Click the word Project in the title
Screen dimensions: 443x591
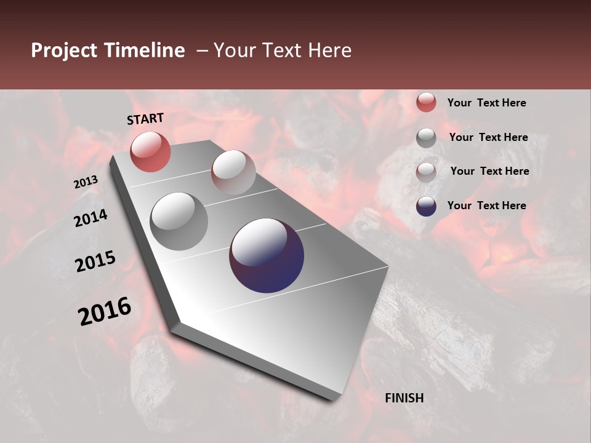pyautogui.click(x=64, y=50)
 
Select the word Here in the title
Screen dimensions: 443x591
pyautogui.click(x=329, y=50)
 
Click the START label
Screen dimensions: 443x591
pyautogui.click(x=145, y=119)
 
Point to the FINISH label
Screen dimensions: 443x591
pyautogui.click(x=404, y=398)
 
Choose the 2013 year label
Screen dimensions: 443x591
pyautogui.click(x=86, y=182)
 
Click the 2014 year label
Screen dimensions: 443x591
pyautogui.click(x=90, y=218)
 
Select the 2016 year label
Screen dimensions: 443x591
pyautogui.click(x=105, y=311)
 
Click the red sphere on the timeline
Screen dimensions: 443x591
pyautogui.click(x=150, y=151)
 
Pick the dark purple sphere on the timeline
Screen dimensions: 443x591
pyautogui.click(x=267, y=255)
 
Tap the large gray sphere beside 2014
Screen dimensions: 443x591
pyautogui.click(x=179, y=221)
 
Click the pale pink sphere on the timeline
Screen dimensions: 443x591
pyautogui.click(x=233, y=172)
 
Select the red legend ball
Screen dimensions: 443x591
pyautogui.click(x=426, y=102)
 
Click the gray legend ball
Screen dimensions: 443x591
pyautogui.click(x=426, y=137)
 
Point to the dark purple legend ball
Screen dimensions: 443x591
pyautogui.click(x=426, y=206)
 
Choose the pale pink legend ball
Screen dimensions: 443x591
pyautogui.click(x=426, y=172)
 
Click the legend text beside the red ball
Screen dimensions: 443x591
pyautogui.click(x=486, y=103)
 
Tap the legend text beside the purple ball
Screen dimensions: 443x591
pyautogui.click(x=486, y=206)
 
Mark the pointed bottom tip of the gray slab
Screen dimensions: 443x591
pyautogui.click(x=336, y=399)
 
